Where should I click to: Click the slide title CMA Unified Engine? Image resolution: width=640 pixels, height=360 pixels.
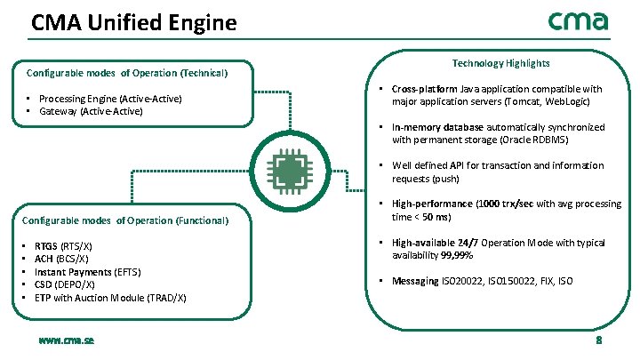(134, 22)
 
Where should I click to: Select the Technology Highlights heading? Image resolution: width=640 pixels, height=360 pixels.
(500, 63)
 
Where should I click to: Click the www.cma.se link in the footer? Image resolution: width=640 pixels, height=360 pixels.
(68, 340)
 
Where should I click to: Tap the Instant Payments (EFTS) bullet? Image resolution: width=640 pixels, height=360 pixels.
(87, 271)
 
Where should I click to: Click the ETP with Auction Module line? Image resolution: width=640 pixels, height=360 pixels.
(110, 297)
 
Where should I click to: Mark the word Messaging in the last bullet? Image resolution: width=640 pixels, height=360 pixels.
(415, 281)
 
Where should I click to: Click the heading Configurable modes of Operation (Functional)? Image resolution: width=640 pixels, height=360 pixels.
(127, 220)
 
